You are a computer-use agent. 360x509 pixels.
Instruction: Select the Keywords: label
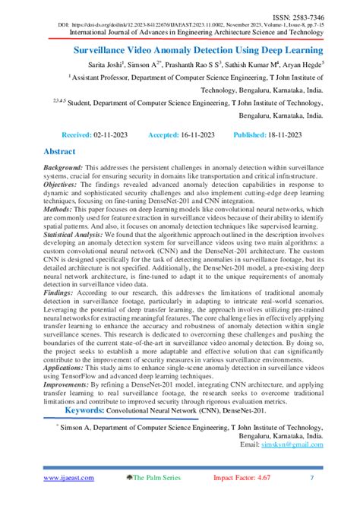click(92, 410)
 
